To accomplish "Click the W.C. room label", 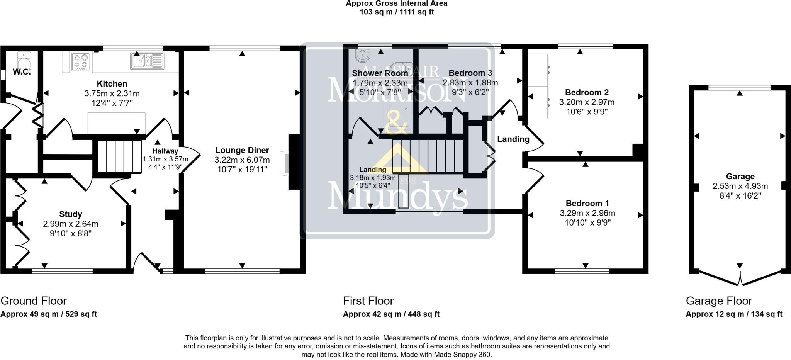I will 22,72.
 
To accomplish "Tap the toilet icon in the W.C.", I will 24,61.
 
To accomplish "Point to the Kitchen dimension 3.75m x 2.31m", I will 112,93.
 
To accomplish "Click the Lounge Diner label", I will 242,150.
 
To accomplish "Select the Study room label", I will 70,214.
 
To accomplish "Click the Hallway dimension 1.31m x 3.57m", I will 165,159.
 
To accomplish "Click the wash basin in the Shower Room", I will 362,56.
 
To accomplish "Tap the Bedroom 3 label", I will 470,73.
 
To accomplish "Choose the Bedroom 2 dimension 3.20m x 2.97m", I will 587,102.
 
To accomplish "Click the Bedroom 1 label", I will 587,203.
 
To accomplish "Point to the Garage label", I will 740,177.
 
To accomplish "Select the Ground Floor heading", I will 34,301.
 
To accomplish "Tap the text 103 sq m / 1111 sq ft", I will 396,12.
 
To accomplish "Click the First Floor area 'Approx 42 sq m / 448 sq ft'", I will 391,314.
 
